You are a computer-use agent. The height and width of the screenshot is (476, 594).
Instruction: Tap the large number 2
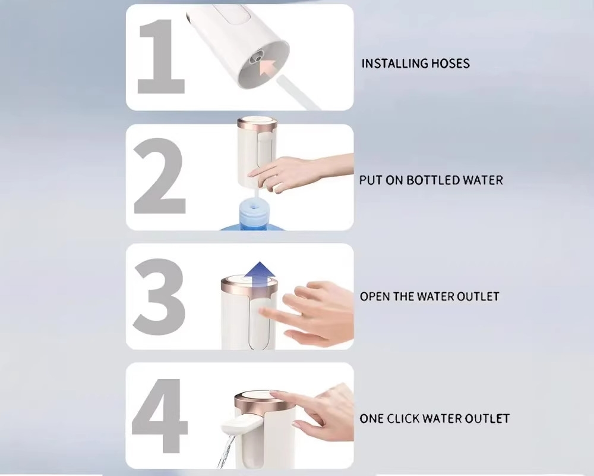tap(160, 176)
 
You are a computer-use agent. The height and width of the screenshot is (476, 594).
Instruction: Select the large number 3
tap(159, 296)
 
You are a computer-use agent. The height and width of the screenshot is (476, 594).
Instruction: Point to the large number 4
tap(160, 416)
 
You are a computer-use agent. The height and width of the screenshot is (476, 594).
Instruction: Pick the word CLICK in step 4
tap(401, 419)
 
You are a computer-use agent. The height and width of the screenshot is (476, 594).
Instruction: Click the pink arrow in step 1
tap(268, 68)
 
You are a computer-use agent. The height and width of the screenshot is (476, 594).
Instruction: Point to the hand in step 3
tap(308, 312)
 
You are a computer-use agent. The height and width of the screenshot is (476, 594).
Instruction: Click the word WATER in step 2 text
tap(484, 180)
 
